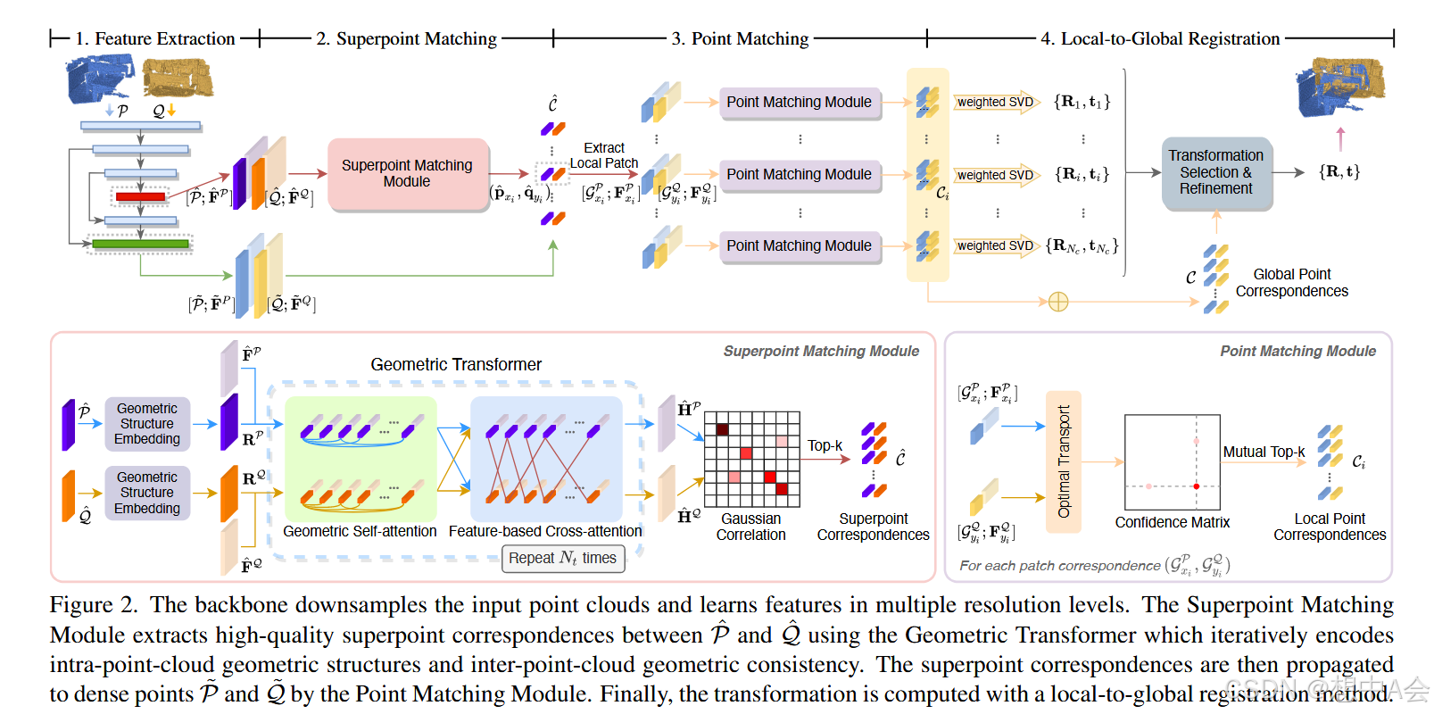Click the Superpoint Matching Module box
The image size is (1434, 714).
coord(407,174)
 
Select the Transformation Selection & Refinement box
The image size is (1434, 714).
coord(1215,172)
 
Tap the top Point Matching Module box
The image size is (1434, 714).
coord(799,103)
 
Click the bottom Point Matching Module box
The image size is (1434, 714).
coord(799,246)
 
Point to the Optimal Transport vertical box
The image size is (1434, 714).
coord(1063,461)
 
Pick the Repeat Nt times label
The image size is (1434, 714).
coord(562,559)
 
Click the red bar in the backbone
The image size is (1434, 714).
coord(140,196)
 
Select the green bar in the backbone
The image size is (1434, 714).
coord(140,243)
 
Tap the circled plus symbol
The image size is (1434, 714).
coord(1058,302)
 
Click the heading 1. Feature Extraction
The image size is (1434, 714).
coord(155,38)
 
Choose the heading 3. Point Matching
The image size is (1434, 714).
coord(740,38)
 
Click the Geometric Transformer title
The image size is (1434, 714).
coord(456,364)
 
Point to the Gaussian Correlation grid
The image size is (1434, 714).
coord(751,459)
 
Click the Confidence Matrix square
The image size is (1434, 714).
coord(1172,461)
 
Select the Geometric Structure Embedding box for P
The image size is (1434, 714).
coord(147,424)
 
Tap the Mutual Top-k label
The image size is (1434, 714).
coord(1264,452)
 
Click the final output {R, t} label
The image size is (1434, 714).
coord(1339,171)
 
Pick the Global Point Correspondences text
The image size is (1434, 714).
coord(1291,283)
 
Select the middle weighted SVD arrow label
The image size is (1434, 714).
coord(995,175)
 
